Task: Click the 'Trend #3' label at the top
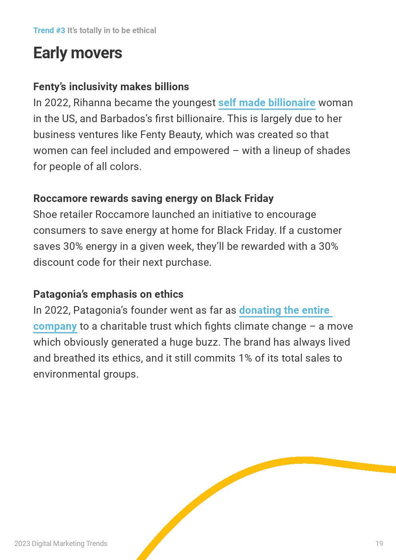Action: [49, 31]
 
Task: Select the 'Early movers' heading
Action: [77, 53]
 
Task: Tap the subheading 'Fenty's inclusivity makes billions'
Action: [111, 87]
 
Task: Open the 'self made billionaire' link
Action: [267, 103]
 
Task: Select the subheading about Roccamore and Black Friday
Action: [153, 198]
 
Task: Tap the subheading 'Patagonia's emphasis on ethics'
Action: [108, 294]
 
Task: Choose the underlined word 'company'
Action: [55, 326]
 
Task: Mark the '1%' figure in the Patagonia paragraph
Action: [245, 358]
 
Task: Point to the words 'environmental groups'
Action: [85, 374]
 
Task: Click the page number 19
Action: [379, 544]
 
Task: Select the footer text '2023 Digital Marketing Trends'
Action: [61, 544]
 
